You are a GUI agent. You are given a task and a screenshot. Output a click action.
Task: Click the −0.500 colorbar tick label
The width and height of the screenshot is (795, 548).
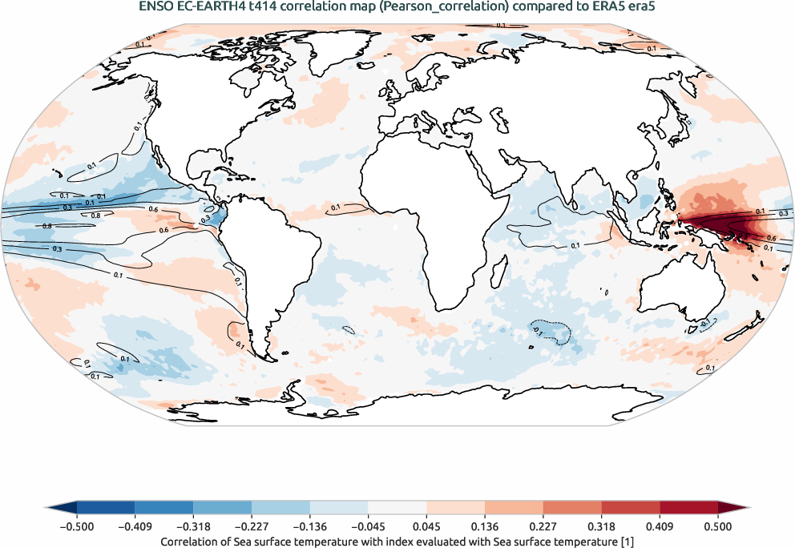pyautogui.click(x=77, y=526)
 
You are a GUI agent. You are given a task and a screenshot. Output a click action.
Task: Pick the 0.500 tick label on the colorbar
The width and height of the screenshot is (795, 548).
pyautogui.click(x=717, y=526)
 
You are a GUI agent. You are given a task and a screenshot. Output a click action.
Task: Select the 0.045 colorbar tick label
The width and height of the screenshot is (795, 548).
pyautogui.click(x=426, y=526)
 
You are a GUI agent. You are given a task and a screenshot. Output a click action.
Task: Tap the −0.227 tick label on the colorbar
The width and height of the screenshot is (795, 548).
pyautogui.click(x=252, y=526)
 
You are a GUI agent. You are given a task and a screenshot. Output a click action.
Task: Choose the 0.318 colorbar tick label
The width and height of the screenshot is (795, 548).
pyautogui.click(x=601, y=526)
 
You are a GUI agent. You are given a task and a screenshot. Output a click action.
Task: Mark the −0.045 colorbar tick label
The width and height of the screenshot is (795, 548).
pyautogui.click(x=368, y=526)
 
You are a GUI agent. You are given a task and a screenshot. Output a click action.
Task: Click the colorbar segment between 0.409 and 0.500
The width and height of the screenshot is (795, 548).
pyautogui.click(x=688, y=508)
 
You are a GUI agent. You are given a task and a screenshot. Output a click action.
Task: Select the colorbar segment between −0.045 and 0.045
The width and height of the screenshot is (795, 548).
pyautogui.click(x=397, y=508)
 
